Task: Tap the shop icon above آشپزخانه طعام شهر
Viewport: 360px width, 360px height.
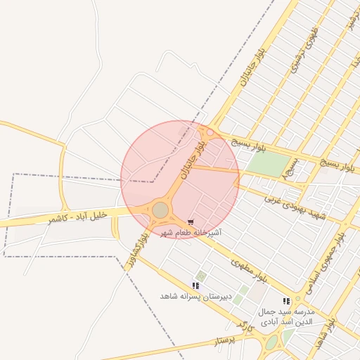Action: coord(191,222)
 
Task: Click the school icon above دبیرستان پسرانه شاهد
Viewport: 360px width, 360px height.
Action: coord(195,286)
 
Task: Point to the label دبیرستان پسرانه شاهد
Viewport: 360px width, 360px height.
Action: coord(195,297)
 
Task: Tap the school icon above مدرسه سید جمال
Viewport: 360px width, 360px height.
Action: coord(286,302)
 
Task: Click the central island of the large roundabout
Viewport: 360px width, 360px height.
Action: coord(161,210)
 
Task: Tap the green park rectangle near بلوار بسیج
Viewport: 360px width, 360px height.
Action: coord(268,164)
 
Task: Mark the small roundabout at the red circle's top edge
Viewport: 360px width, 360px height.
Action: coord(210,131)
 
